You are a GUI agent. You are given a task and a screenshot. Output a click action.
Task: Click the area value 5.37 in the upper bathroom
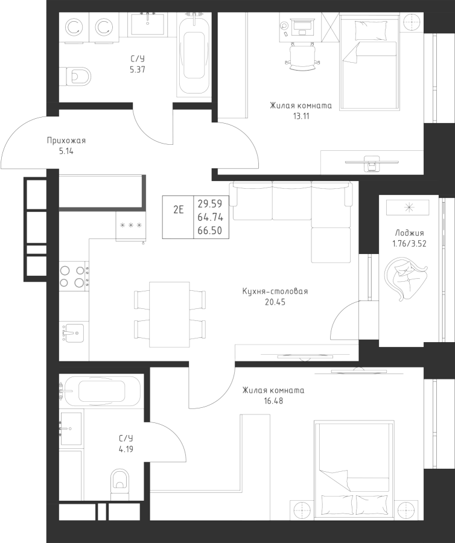point(138,69)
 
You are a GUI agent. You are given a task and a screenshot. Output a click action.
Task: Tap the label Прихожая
point(66,141)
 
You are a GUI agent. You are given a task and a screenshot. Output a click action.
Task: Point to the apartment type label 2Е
point(178,210)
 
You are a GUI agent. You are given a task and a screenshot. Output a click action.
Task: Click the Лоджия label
point(409,233)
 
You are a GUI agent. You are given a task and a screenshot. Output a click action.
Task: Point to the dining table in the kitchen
point(169,314)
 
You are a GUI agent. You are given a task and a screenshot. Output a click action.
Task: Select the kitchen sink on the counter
point(72,331)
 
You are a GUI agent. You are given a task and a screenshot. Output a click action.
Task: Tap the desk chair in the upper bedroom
point(302,56)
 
